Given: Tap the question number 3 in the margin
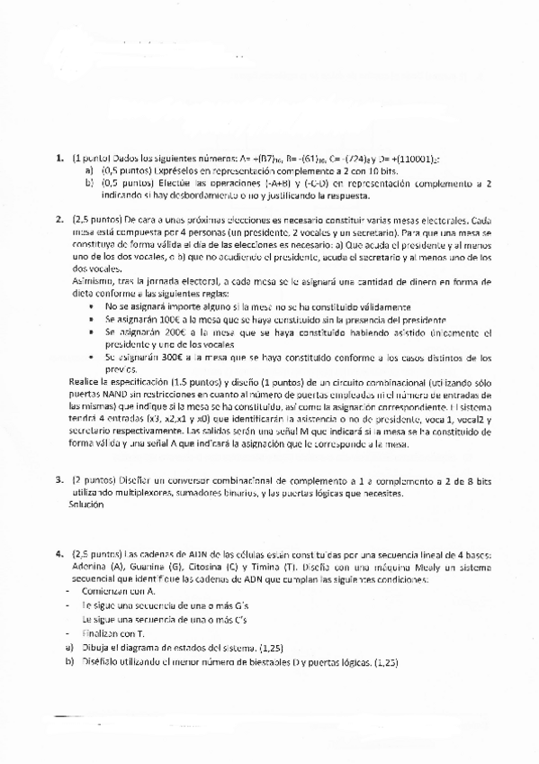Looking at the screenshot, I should coord(59,481).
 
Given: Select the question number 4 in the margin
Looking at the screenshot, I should coord(59,553).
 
